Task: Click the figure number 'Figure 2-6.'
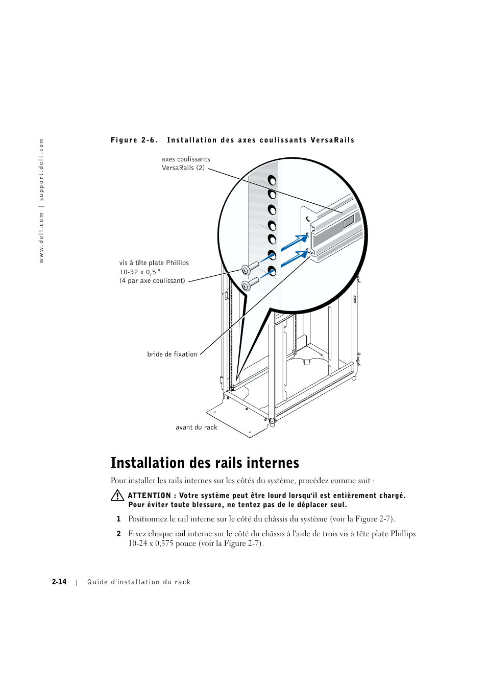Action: pos(134,140)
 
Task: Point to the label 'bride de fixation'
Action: pos(172,354)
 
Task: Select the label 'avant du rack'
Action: pos(197,427)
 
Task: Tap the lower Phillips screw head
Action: pos(246,285)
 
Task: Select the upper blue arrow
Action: pos(295,243)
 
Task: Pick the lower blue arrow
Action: pos(295,258)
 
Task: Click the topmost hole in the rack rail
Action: pos(272,180)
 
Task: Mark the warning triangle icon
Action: pos(117,495)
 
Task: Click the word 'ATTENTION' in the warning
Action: pos(150,495)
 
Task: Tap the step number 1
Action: pos(118,519)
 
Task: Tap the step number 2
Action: pos(118,534)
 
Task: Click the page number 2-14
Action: pos(59,582)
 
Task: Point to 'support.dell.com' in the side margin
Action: pos(42,169)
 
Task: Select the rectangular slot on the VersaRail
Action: pos(349,221)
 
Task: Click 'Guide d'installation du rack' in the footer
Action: pos(139,582)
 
